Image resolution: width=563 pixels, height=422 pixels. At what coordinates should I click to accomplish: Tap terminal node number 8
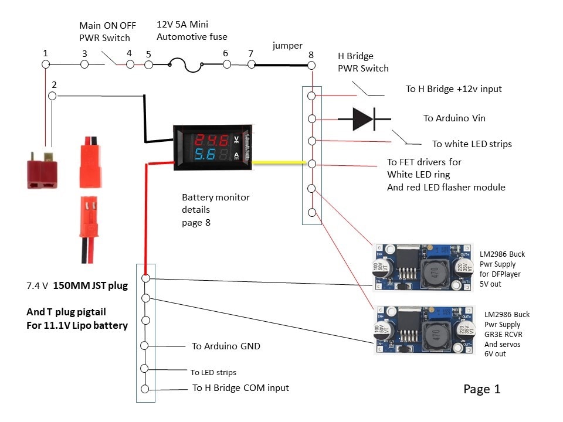[x=311, y=66]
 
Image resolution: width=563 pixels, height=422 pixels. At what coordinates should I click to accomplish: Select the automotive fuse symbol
[x=186, y=65]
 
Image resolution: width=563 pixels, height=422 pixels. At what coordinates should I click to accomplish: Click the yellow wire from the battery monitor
[x=279, y=162]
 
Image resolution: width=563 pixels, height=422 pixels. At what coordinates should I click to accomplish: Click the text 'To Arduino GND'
[x=226, y=346]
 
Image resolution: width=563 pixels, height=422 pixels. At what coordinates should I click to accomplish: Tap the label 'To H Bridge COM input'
[x=240, y=388]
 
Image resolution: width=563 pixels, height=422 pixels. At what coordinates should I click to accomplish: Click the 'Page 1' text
[x=481, y=389]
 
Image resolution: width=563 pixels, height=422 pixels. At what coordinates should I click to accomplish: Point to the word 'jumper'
[x=287, y=45]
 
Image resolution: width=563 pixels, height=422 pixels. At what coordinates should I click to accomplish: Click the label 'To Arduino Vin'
[x=455, y=118]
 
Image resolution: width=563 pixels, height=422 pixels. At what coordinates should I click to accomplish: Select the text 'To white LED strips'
[x=472, y=144]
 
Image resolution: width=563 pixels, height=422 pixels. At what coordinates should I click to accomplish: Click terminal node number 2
[x=53, y=96]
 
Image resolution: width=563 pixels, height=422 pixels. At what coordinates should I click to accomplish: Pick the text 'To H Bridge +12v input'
[x=453, y=89]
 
